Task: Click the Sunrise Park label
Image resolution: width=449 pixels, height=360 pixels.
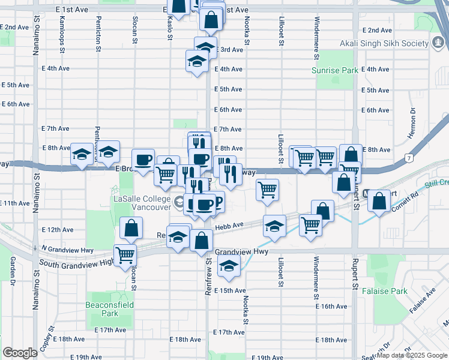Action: pyautogui.click(x=334, y=70)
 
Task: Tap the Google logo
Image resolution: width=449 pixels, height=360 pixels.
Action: pyautogui.click(x=20, y=352)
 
